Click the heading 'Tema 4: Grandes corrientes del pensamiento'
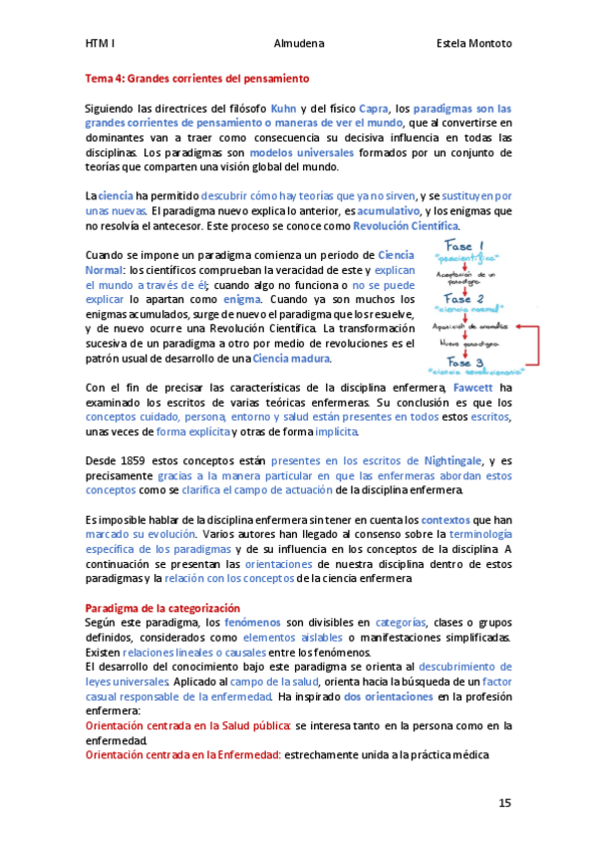click(x=197, y=78)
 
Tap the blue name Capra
click(x=372, y=108)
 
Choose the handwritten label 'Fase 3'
click(x=464, y=361)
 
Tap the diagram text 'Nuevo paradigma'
click(x=464, y=344)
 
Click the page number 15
click(x=505, y=802)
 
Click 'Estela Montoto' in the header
click(x=474, y=44)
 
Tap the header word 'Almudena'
click(x=297, y=44)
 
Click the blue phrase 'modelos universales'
click(x=301, y=153)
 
